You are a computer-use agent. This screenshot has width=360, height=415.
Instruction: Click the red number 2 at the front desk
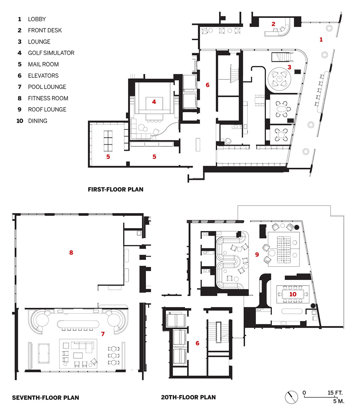(x=273, y=24)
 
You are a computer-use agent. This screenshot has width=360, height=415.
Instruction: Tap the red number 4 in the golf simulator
(x=154, y=102)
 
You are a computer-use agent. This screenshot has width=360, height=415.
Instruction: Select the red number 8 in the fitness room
(x=71, y=253)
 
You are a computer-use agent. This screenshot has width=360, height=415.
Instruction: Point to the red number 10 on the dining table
(x=292, y=294)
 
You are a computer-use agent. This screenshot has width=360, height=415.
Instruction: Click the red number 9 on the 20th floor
(x=257, y=255)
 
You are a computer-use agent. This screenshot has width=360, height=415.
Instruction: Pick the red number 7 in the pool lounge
(x=103, y=334)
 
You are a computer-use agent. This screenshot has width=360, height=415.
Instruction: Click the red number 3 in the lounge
(x=289, y=67)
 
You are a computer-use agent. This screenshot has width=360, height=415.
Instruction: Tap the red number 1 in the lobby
(x=321, y=40)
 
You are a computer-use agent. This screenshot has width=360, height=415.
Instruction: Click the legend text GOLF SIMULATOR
(x=51, y=53)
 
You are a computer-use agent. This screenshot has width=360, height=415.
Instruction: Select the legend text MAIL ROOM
(x=43, y=64)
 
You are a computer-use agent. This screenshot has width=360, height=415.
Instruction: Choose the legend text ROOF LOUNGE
(x=47, y=110)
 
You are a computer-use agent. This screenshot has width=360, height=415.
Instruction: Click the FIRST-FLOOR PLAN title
(x=116, y=190)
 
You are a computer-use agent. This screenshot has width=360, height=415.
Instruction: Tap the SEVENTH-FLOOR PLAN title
(x=45, y=397)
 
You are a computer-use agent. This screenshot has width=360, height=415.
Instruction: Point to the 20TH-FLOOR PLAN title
(x=188, y=397)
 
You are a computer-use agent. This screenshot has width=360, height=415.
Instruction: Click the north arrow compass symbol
(x=291, y=397)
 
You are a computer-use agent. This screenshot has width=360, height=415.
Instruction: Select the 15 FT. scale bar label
(x=335, y=393)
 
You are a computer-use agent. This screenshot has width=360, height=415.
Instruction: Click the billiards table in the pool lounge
(x=44, y=353)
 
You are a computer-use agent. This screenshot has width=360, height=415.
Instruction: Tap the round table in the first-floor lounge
(x=279, y=79)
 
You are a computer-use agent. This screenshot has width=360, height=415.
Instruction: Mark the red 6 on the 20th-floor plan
(x=197, y=343)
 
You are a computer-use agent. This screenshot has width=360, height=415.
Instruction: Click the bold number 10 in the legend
(x=20, y=121)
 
